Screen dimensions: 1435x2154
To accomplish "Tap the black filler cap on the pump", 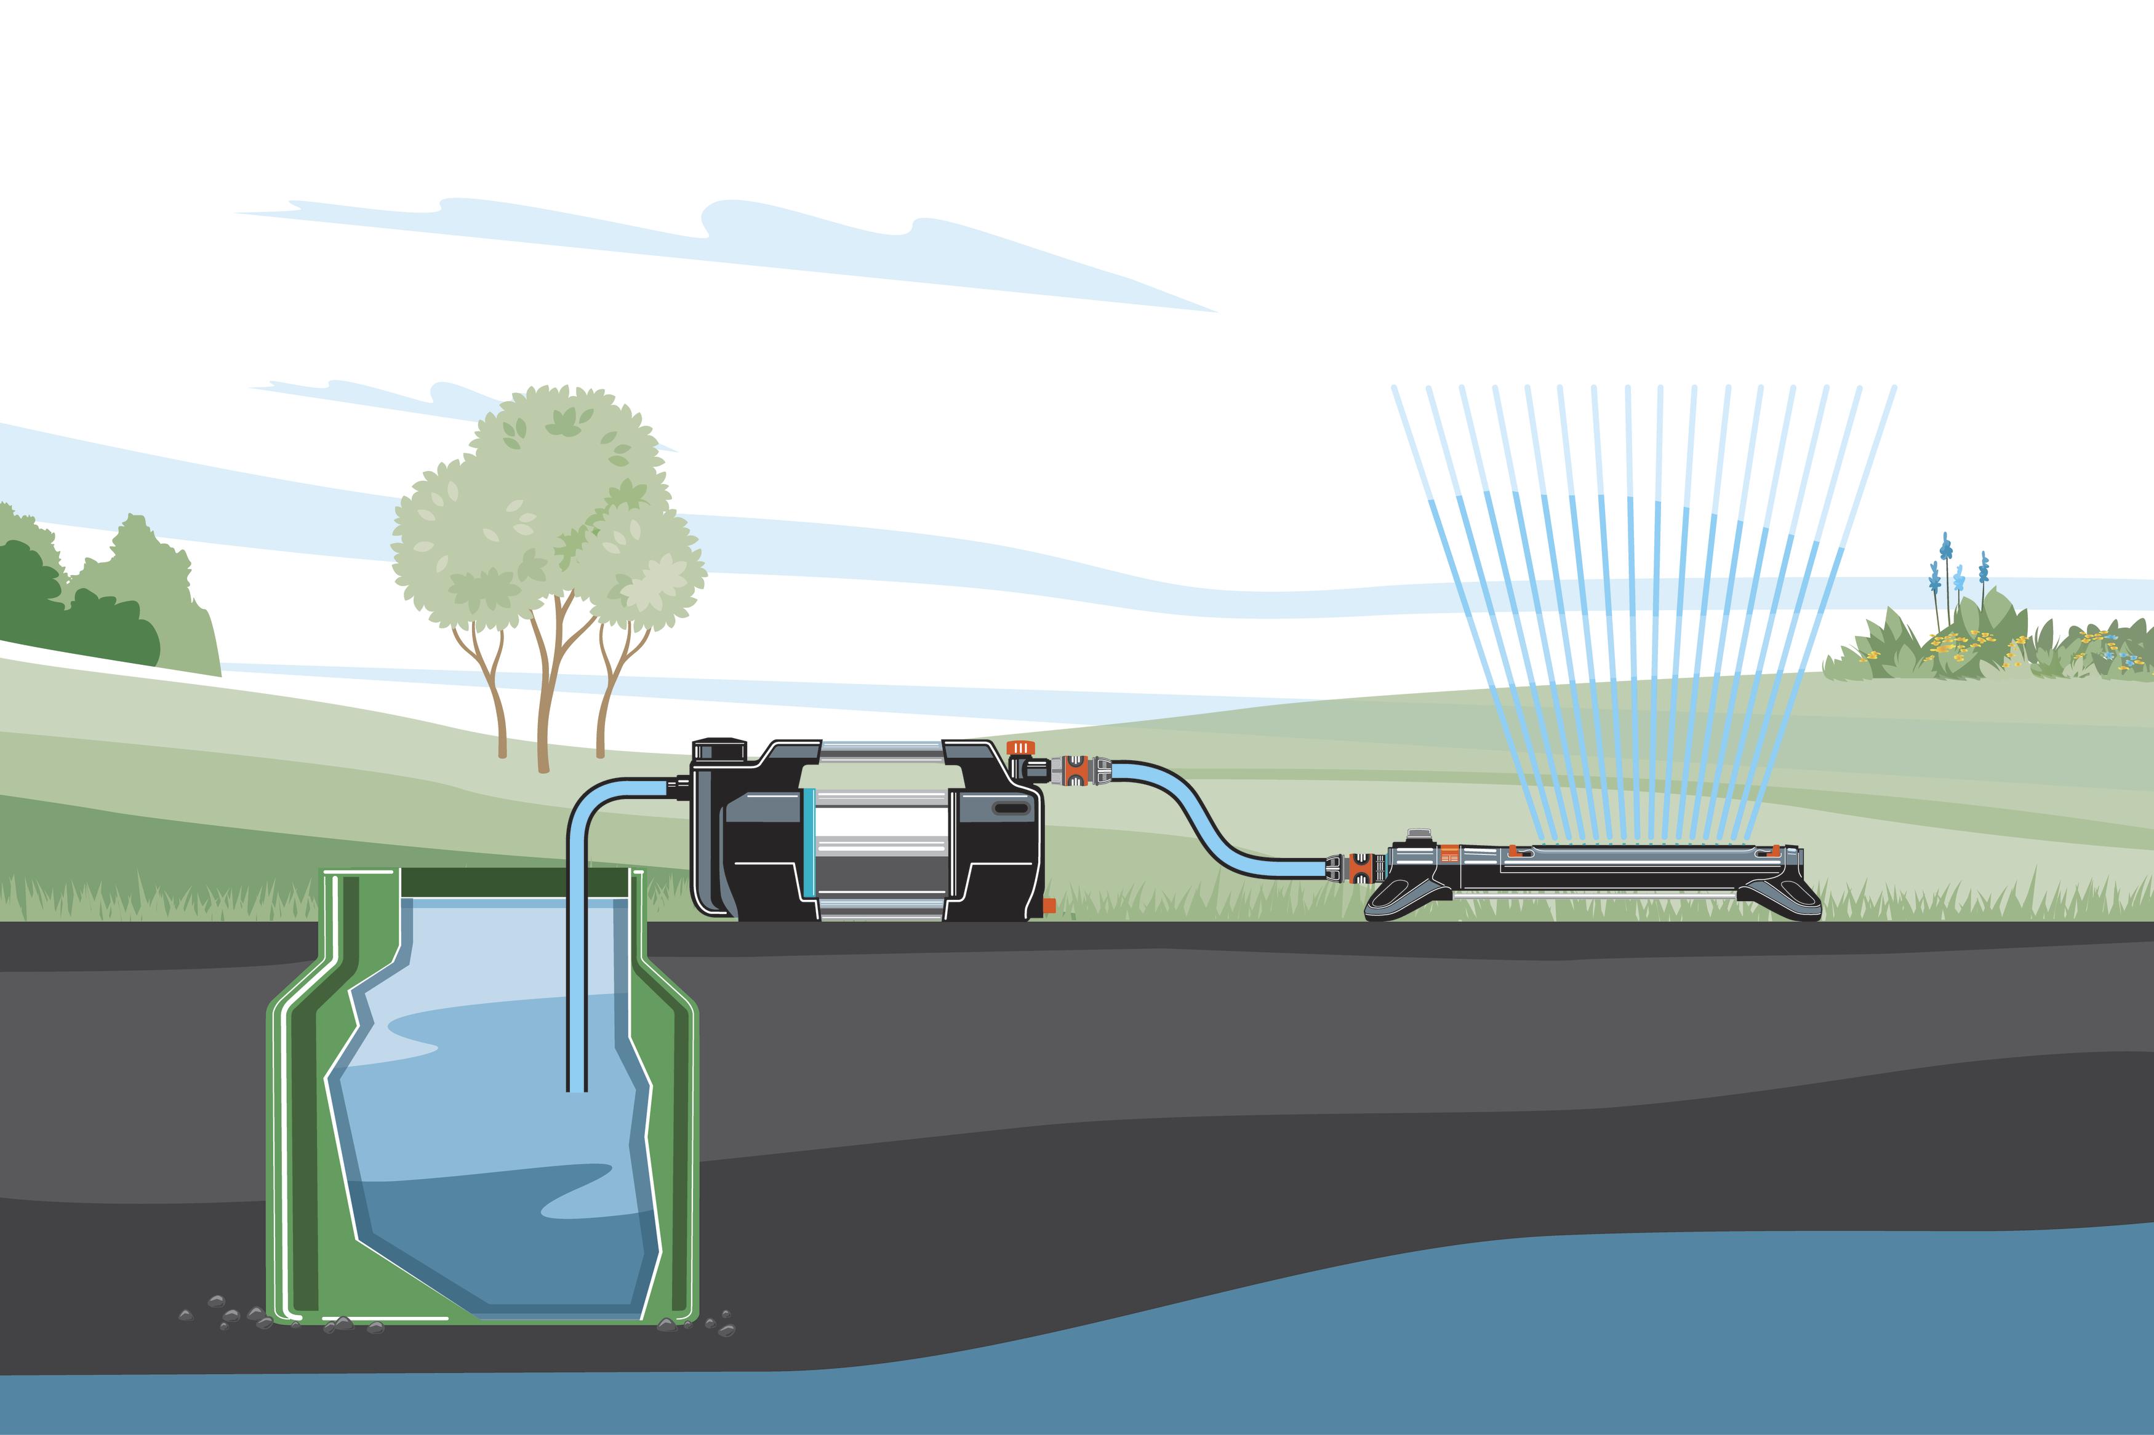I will (x=719, y=750).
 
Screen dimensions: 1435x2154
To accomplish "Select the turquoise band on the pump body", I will (x=808, y=842).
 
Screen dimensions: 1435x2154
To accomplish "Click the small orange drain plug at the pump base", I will (x=1049, y=905).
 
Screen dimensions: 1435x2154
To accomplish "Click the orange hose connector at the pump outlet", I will (x=1076, y=771).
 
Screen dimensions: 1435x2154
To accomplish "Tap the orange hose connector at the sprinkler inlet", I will (x=1361, y=868).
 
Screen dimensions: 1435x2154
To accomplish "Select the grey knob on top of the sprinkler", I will (x=1419, y=833).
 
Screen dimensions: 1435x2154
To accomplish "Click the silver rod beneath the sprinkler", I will (x=1593, y=897).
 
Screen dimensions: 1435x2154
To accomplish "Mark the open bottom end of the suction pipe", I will (x=577, y=1089).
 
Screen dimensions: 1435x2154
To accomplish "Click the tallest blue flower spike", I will (x=1946, y=549).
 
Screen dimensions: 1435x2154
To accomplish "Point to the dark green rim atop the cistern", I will (x=513, y=882).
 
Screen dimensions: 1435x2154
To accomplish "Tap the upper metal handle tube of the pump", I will (x=881, y=752).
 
